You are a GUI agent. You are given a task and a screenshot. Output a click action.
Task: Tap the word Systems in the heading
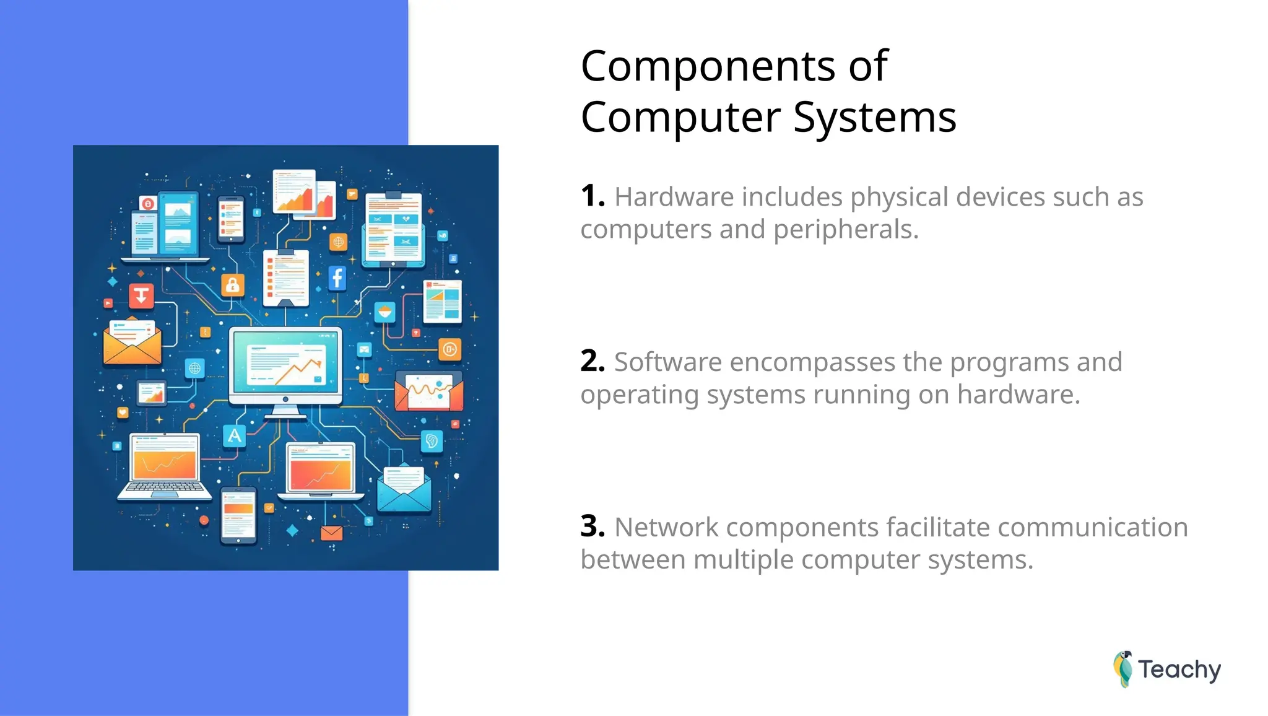(874, 118)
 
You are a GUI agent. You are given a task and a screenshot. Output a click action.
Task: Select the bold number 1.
(592, 196)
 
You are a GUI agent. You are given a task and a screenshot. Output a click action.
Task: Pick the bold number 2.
(592, 361)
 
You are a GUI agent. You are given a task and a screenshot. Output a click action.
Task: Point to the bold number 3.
(592, 526)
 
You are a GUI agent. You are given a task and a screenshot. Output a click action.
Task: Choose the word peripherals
(846, 230)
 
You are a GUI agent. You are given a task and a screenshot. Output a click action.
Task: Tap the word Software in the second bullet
(667, 362)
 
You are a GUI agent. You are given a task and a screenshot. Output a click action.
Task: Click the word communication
(1092, 528)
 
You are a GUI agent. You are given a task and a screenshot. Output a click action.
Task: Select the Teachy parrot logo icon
(1123, 669)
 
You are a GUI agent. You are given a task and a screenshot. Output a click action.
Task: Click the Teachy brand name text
(1179, 670)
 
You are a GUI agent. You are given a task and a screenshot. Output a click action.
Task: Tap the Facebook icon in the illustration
(337, 278)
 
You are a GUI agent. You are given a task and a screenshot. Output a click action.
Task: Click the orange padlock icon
(233, 285)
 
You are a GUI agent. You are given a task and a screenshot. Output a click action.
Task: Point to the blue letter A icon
(234, 436)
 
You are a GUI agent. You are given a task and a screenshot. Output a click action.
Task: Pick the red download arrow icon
(141, 295)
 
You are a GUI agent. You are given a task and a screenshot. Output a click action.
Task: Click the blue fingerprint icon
(432, 441)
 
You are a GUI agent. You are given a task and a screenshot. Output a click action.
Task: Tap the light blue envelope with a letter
(404, 490)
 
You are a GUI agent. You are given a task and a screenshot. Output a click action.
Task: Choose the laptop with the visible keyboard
(165, 467)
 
